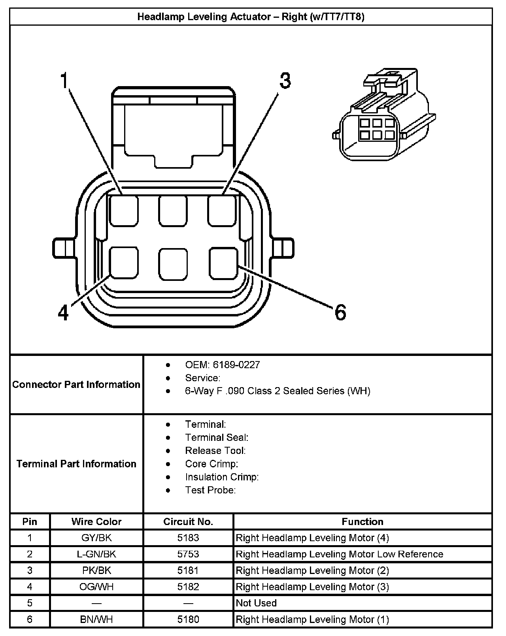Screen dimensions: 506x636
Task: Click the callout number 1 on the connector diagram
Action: click(x=64, y=80)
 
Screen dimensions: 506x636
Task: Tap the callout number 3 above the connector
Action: click(x=285, y=80)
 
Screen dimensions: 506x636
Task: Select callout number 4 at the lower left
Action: click(x=63, y=313)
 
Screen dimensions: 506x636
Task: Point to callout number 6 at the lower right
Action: click(x=340, y=312)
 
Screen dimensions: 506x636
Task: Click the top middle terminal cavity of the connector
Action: click(x=173, y=211)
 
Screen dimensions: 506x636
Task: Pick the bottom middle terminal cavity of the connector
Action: click(x=173, y=264)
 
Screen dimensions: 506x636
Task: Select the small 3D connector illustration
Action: click(x=384, y=115)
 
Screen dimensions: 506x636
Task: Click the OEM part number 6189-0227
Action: click(x=236, y=365)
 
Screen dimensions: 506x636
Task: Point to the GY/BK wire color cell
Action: click(x=96, y=538)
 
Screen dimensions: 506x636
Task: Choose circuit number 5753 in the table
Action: click(x=188, y=554)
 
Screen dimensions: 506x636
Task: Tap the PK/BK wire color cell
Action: click(x=96, y=570)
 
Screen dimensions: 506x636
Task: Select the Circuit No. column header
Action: click(x=188, y=521)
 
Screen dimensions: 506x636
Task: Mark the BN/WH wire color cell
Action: click(x=96, y=619)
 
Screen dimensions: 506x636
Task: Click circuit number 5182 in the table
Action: click(x=188, y=586)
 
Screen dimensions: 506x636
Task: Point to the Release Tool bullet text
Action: click(x=215, y=450)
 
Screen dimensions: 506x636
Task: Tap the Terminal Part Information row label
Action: click(x=76, y=464)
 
